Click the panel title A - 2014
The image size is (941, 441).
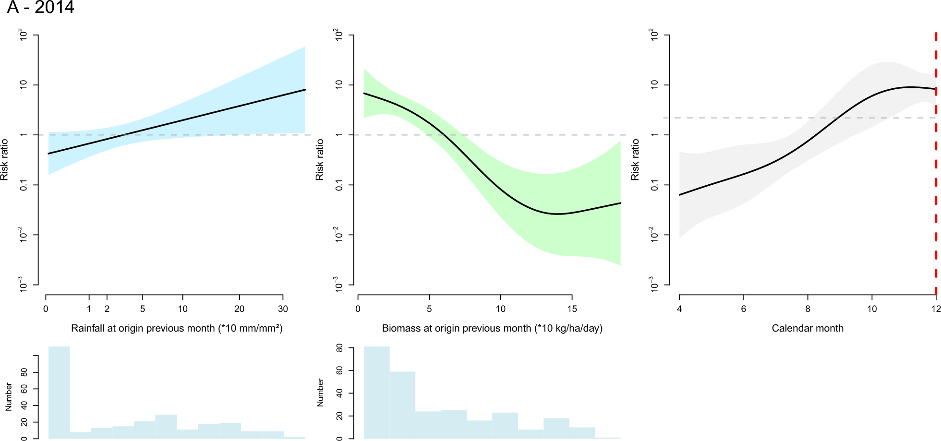pyautogui.click(x=40, y=8)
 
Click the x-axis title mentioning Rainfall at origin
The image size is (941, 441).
pyautogui.click(x=177, y=328)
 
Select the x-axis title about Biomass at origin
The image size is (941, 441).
pyautogui.click(x=492, y=328)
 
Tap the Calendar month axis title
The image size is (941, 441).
pyautogui.click(x=808, y=328)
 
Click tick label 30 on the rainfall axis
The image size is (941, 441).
pyautogui.click(x=283, y=309)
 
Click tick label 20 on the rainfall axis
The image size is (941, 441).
pyautogui.click(x=239, y=309)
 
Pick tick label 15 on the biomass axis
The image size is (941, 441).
pyautogui.click(x=572, y=309)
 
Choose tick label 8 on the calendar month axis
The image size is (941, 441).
pyautogui.click(x=808, y=309)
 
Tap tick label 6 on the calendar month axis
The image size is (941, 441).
pyautogui.click(x=743, y=309)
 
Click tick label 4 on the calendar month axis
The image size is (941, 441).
pyautogui.click(x=679, y=309)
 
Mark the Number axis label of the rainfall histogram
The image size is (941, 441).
pyautogui.click(x=9, y=397)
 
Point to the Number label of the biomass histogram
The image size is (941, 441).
pyautogui.click(x=320, y=393)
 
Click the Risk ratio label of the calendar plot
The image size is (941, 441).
pyautogui.click(x=635, y=160)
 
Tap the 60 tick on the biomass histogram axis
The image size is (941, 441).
pyautogui.click(x=339, y=370)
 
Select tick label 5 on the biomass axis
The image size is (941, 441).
pyautogui.click(x=429, y=309)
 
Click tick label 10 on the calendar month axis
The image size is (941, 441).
pyautogui.click(x=872, y=309)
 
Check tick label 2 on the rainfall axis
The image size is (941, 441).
pyautogui.click(x=107, y=309)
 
